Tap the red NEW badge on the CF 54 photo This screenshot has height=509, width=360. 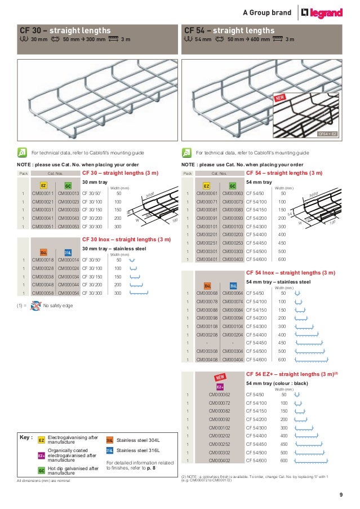pos(282,99)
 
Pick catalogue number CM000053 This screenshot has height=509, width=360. pos(69,227)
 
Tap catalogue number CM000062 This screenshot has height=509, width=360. pos(220,395)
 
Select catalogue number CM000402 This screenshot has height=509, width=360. pos(220,461)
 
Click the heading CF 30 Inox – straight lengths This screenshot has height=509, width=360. pos(126,240)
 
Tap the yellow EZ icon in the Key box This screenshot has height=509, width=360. pos(42,440)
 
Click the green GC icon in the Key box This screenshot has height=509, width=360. pos(42,470)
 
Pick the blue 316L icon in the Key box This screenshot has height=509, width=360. pos(110,451)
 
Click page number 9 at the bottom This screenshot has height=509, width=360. pos(341,495)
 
